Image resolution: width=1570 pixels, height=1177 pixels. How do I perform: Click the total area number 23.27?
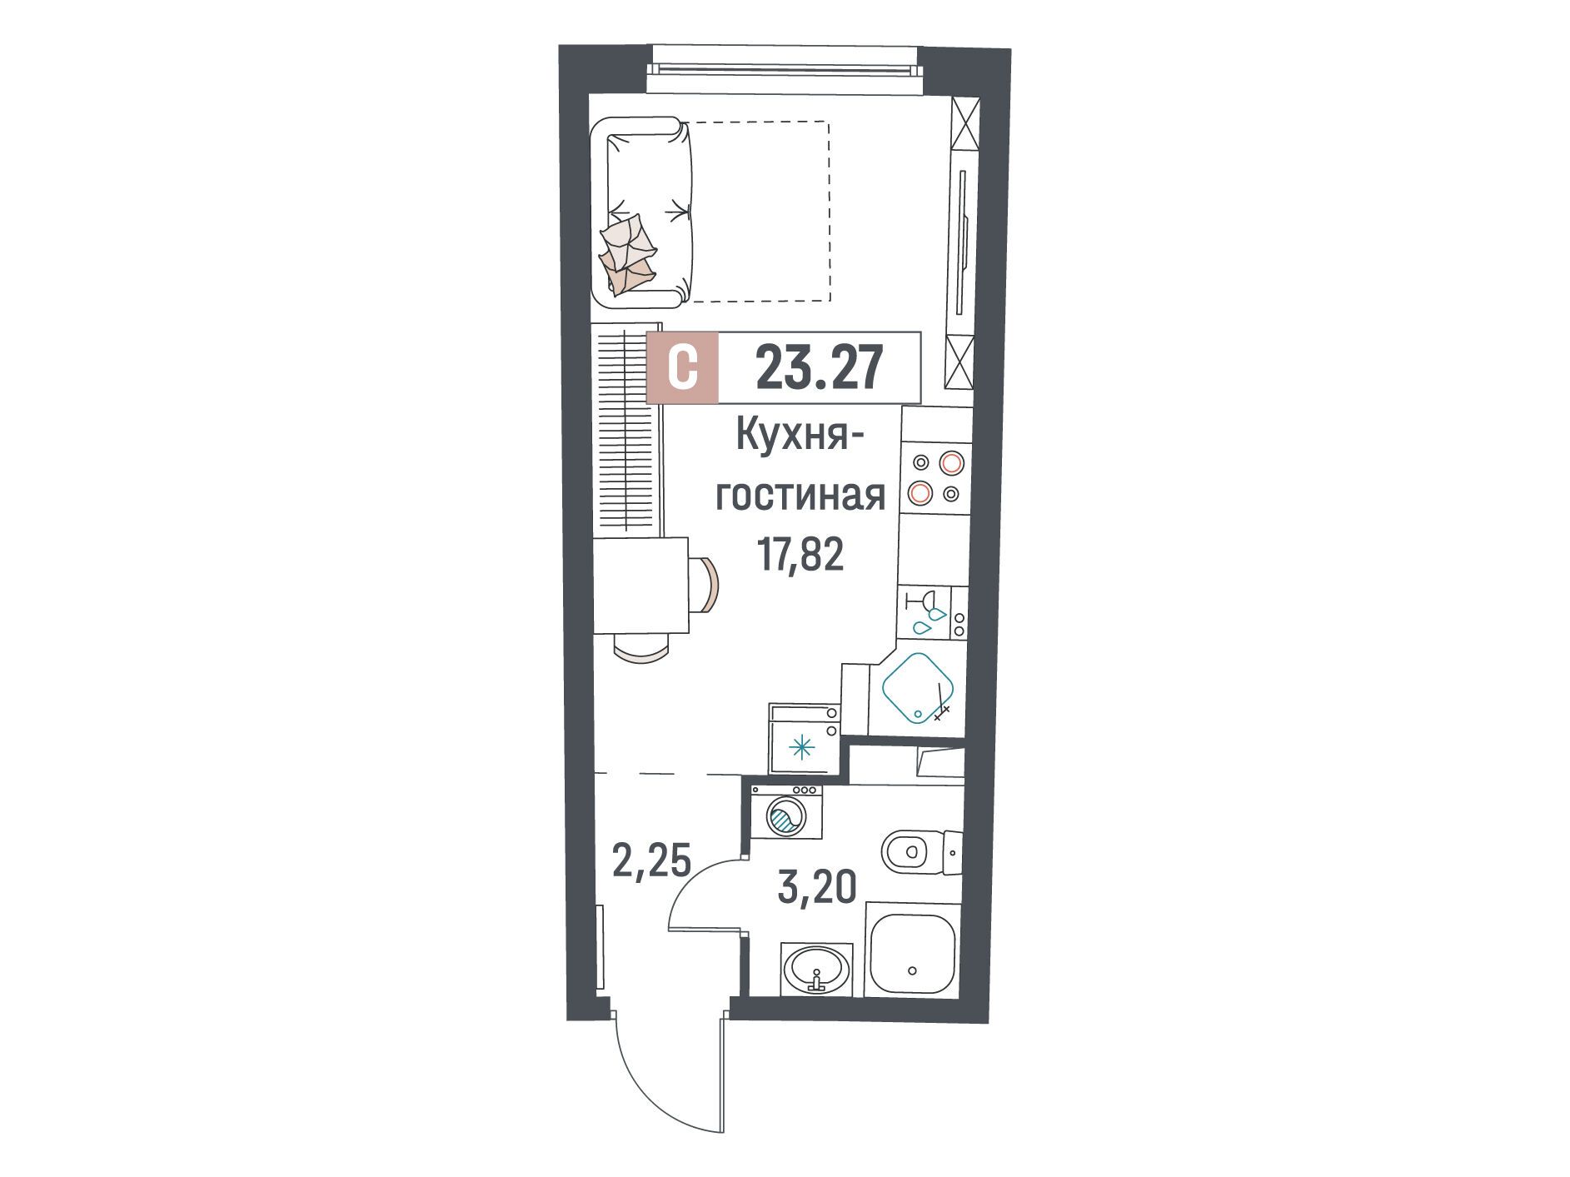[x=818, y=369]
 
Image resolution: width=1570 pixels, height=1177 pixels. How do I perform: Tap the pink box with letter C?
[x=683, y=368]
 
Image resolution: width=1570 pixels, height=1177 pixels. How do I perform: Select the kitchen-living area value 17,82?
[x=800, y=553]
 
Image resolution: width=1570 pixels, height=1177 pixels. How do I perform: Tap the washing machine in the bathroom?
[x=786, y=822]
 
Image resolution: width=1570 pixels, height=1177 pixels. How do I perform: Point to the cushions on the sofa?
[x=629, y=252]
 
